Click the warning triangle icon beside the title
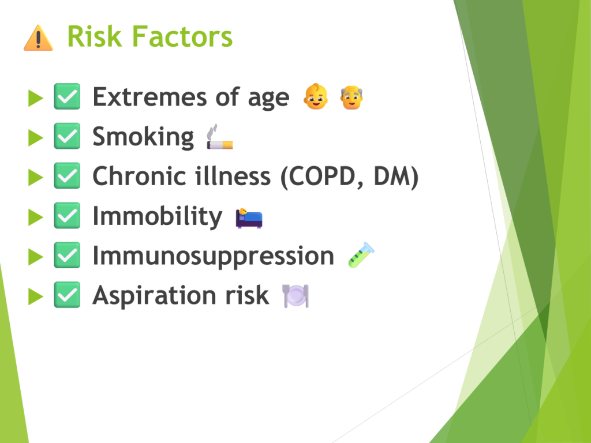(38, 37)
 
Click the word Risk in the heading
(95, 36)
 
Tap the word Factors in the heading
(182, 36)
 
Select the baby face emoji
(316, 97)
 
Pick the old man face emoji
(351, 97)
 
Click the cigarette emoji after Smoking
(220, 137)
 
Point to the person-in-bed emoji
(249, 217)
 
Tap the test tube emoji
(361, 255)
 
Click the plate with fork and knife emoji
(295, 296)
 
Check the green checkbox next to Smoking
(67, 136)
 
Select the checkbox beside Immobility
(67, 216)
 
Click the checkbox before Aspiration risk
(67, 295)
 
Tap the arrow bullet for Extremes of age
(36, 98)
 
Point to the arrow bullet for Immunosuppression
(36, 257)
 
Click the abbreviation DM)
(396, 177)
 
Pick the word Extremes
(149, 97)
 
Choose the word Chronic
(139, 176)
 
